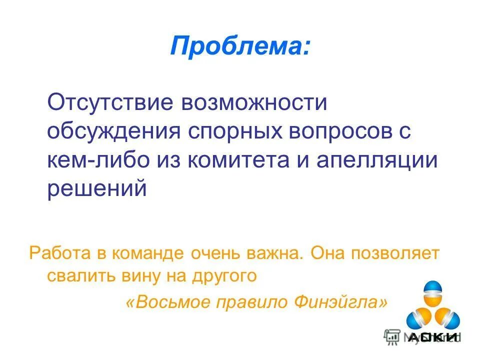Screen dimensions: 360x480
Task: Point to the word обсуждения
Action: [x=113, y=132]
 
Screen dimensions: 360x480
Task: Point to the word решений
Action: [x=97, y=190]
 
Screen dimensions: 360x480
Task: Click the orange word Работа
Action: [x=60, y=253]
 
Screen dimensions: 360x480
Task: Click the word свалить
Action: [x=78, y=276]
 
